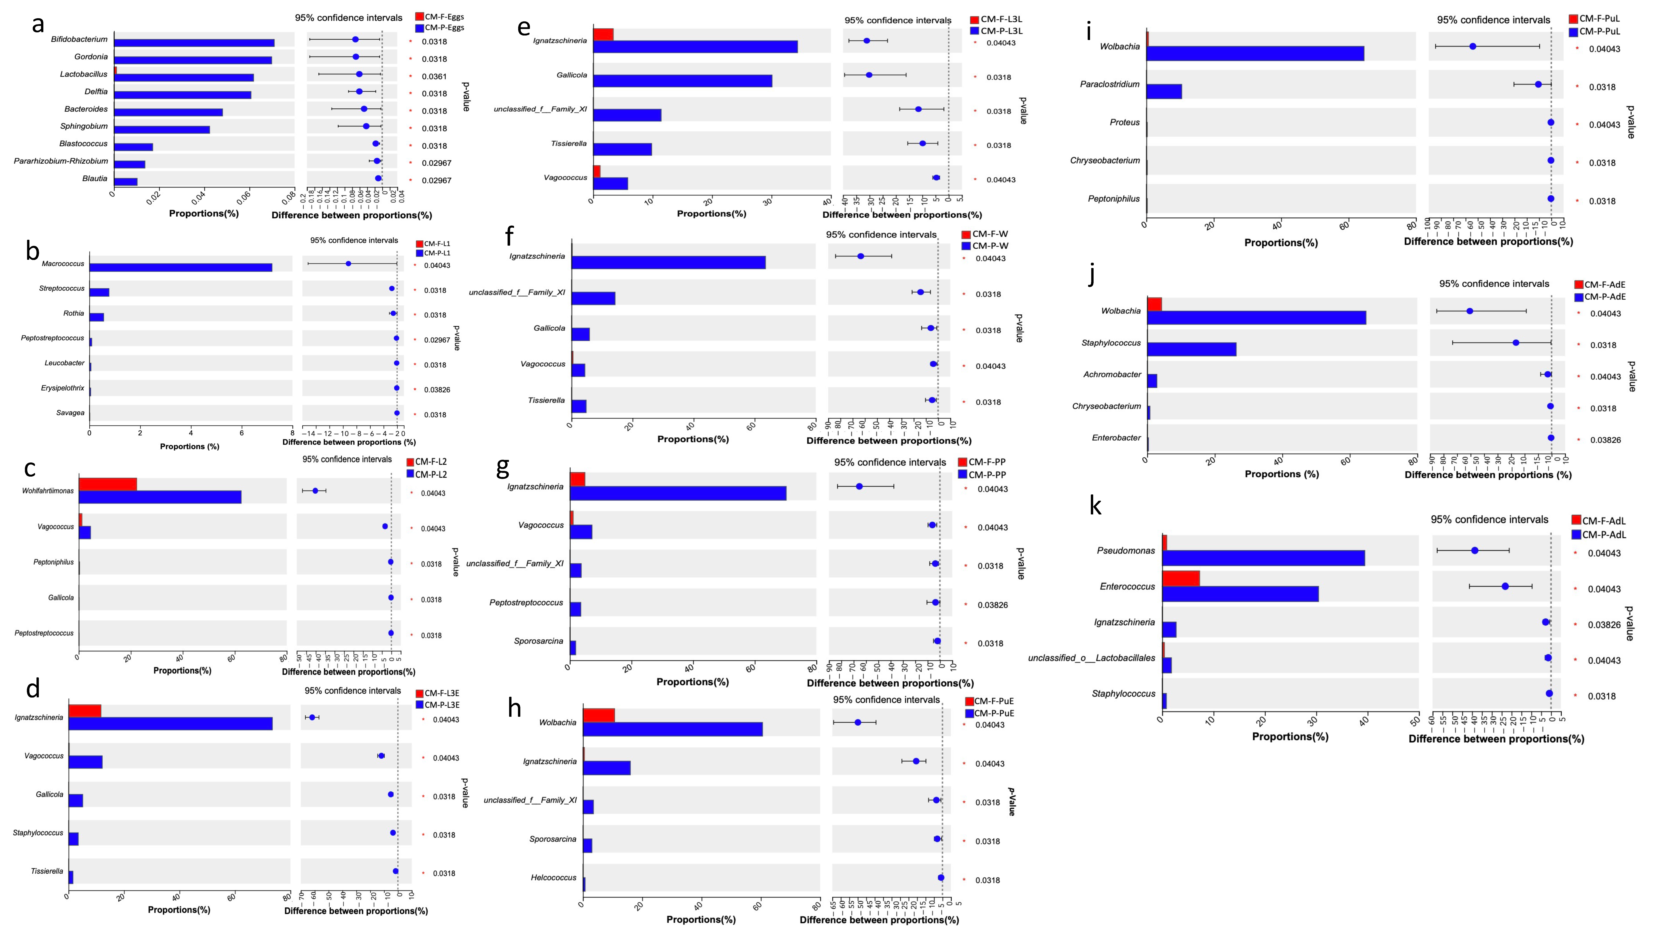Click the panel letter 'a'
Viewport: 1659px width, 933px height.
[x=38, y=25]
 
